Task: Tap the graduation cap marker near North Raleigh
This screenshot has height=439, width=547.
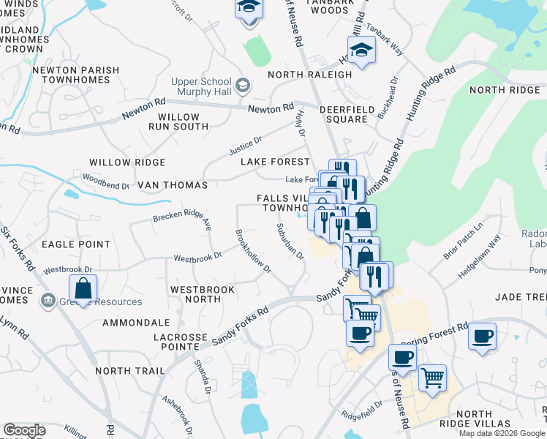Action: (x=361, y=51)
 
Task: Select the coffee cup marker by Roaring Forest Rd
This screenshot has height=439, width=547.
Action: (x=482, y=337)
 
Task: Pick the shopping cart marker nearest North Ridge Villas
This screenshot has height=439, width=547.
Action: (x=432, y=378)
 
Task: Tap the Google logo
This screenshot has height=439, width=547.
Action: (x=25, y=430)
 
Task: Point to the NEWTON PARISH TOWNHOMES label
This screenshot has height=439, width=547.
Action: (x=75, y=76)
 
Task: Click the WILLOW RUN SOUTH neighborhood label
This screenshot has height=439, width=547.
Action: (x=178, y=121)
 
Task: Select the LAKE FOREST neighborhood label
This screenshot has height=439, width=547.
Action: (x=271, y=162)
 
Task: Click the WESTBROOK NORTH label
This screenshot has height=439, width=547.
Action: (x=203, y=295)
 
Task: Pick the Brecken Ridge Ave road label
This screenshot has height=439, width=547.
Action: (x=182, y=217)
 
